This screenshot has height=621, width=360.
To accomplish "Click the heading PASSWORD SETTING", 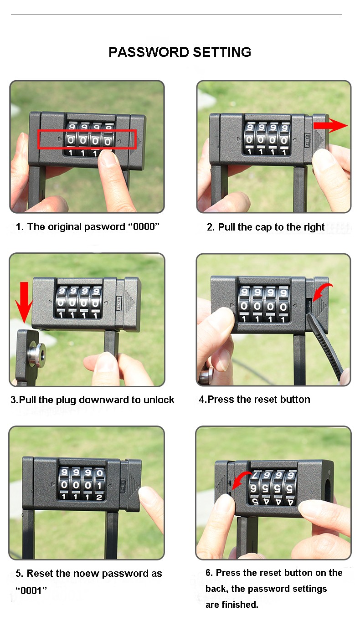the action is pos(180,52).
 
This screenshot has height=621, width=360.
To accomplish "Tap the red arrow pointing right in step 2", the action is pos(330,125).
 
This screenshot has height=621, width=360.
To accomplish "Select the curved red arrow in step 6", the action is pos(241,479).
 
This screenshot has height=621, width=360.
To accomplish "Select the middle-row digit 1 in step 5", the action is pos(99,485).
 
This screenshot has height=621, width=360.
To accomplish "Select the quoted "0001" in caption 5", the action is pos(31,590).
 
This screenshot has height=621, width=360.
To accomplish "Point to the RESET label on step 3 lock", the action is pos(119,303).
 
